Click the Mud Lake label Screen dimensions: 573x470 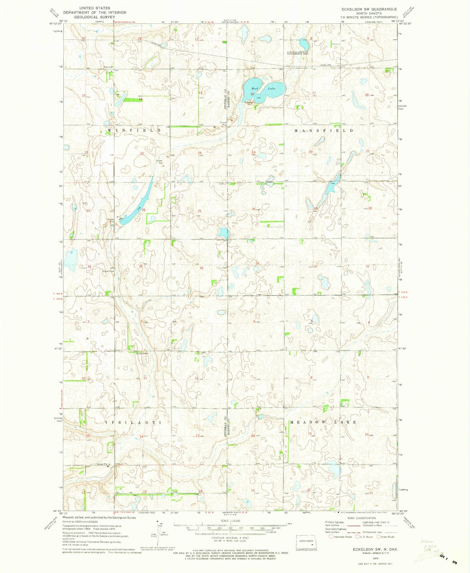click(263, 89)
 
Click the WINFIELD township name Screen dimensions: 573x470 click(134, 130)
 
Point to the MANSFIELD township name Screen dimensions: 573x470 click(324, 130)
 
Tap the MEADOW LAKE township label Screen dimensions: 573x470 click(323, 422)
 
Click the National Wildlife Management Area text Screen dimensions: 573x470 click(298, 53)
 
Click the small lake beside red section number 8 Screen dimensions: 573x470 click(304, 43)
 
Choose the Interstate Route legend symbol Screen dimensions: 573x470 click(331, 537)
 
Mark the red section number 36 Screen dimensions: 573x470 click(201, 268)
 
